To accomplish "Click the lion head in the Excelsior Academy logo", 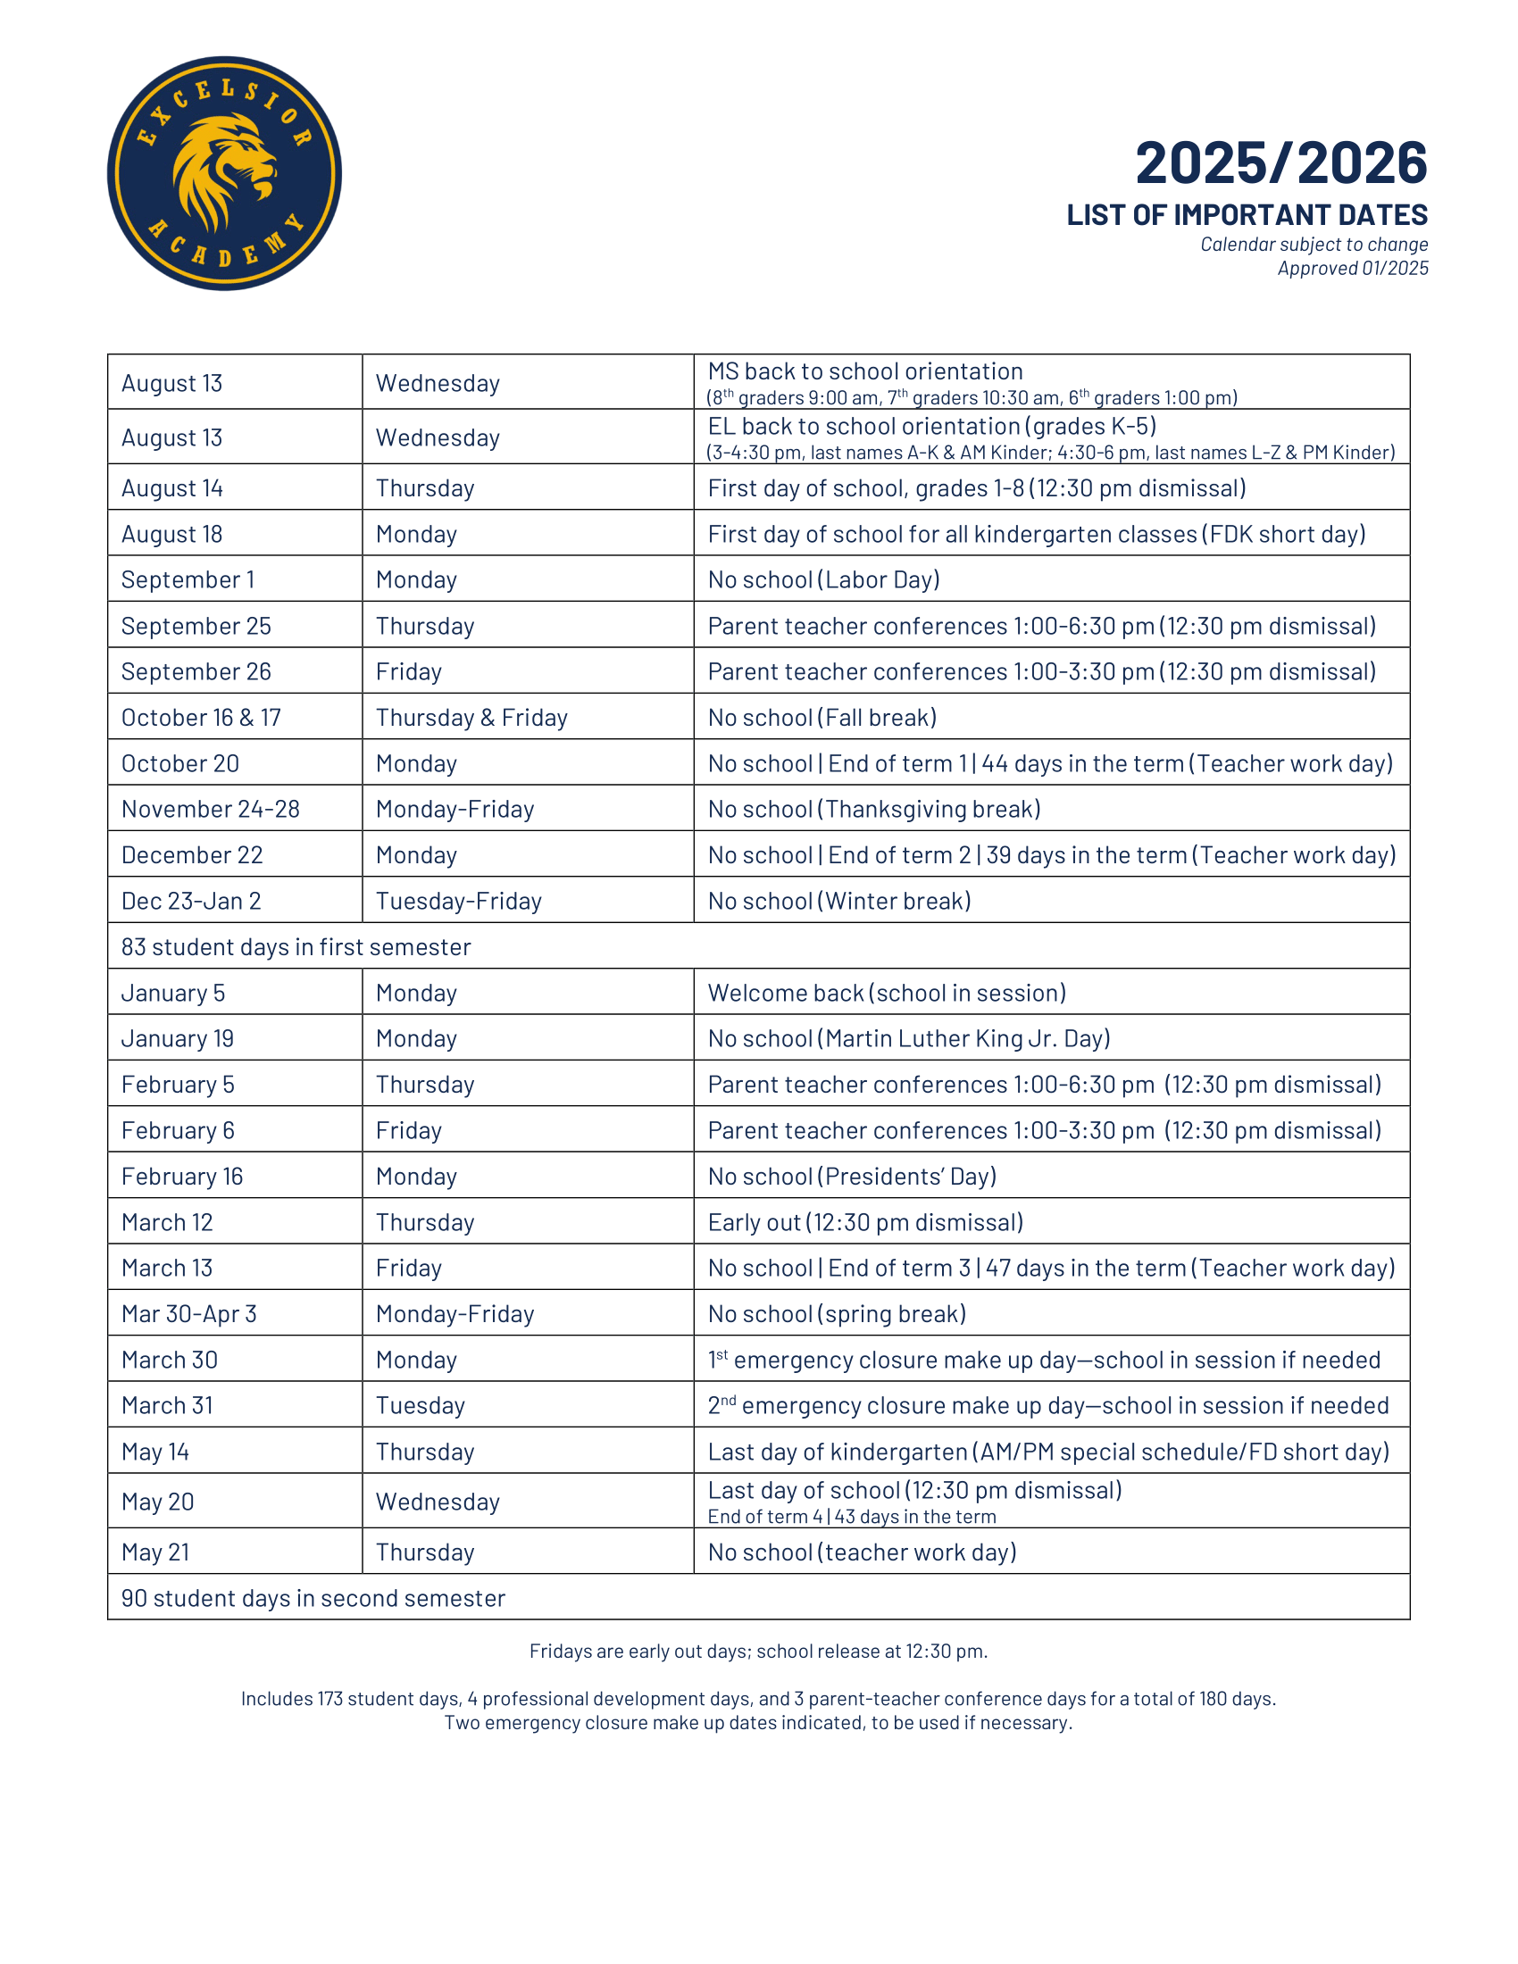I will (223, 171).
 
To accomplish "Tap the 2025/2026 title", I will (1280, 162).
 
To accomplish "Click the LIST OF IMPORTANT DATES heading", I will (1247, 215).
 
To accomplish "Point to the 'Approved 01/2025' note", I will (1353, 268).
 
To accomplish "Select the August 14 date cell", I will (172, 488).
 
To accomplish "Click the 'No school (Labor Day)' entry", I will (824, 580).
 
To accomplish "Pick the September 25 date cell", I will (196, 626).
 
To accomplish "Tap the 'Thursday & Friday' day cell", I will (471, 718).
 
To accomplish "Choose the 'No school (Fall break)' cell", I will (822, 718).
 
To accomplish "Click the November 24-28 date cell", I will (211, 810).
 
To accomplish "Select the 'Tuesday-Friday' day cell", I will (459, 901).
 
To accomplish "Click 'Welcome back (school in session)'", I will (887, 993).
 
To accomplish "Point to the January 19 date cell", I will (178, 1038).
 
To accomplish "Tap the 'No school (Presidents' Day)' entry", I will (852, 1177).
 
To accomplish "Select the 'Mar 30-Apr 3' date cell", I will (188, 1314).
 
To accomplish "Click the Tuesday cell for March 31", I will (420, 1405).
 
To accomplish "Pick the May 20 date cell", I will (158, 1502).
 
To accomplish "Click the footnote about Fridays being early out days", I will (758, 1651).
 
